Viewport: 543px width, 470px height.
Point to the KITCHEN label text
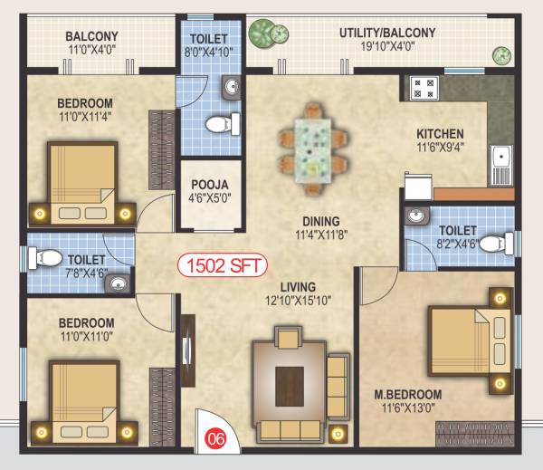[441, 133]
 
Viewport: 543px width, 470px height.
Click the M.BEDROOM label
[408, 394]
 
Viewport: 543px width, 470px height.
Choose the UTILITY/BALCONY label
[387, 33]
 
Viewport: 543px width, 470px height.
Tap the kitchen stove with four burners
[423, 88]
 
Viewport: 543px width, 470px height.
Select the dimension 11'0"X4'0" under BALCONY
[91, 51]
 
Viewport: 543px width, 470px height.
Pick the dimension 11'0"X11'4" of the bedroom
[86, 116]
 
